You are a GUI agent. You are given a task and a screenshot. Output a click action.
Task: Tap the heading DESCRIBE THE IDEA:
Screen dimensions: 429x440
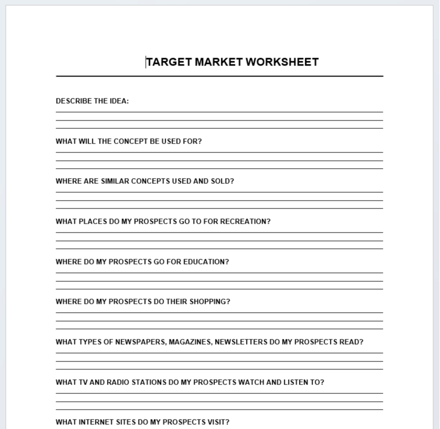92,101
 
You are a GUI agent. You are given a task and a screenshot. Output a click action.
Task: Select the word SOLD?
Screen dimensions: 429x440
222,181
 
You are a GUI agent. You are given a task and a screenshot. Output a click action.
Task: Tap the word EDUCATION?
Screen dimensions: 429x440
206,262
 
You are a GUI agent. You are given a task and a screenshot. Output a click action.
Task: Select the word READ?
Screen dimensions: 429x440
351,342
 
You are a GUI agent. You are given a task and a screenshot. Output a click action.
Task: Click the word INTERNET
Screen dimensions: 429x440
95,422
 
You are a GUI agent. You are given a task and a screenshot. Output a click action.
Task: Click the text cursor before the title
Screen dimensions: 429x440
146,62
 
